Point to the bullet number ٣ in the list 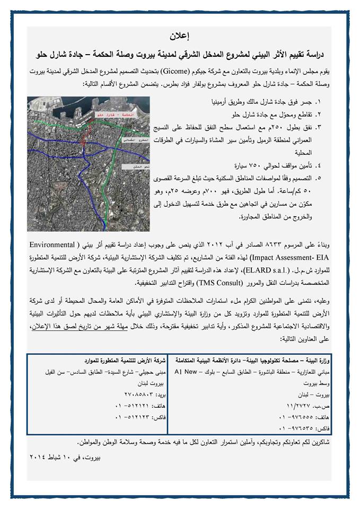[x=333, y=127]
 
